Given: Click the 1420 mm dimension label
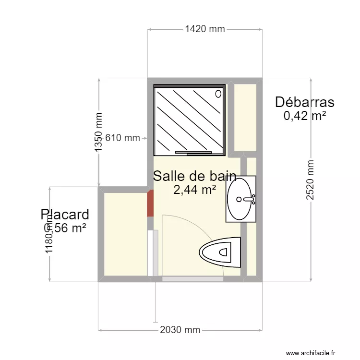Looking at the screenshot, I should coord(205,29).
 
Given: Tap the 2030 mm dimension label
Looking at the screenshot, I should coord(180,330).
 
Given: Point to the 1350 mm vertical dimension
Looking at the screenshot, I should coord(99,132).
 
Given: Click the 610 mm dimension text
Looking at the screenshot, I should coord(122,138).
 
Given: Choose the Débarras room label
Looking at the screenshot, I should coord(304,102).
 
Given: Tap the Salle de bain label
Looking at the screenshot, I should coord(194,176).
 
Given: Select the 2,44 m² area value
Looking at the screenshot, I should coord(194,190).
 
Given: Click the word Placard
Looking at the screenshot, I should coord(65,214).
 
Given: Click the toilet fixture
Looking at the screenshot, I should coord(220,252).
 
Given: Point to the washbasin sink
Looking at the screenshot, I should coord(241,199).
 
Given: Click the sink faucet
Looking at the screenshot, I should coord(249,199).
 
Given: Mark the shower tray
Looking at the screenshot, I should coord(189,120).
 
